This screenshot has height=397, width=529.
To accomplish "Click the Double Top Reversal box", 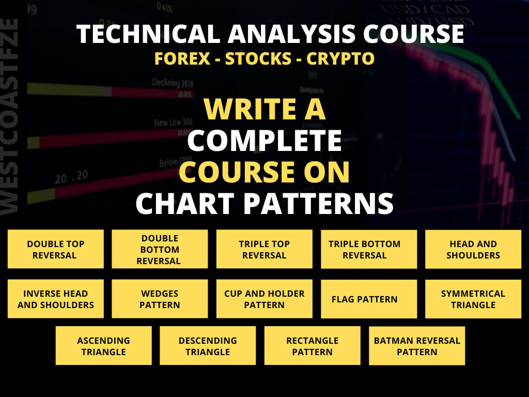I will [56, 249].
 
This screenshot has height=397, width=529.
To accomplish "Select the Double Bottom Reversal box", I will [160, 249].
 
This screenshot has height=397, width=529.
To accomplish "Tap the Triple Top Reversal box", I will [264, 249].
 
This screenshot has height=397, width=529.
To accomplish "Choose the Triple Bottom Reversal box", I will [368, 249].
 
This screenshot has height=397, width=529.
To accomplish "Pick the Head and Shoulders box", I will [473, 249].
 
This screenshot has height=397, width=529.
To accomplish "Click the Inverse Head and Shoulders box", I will [56, 299].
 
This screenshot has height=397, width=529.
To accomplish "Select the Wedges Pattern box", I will [160, 299].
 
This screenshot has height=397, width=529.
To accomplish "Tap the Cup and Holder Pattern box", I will [264, 299].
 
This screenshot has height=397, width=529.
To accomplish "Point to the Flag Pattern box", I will [368, 299].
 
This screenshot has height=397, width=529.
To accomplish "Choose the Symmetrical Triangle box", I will [473, 299].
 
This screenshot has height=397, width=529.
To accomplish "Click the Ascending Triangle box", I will [103, 346].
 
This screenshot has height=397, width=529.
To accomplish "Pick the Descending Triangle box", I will [208, 346].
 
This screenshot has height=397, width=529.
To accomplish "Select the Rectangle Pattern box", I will [312, 346].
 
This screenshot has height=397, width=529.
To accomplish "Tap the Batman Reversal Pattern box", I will [417, 346].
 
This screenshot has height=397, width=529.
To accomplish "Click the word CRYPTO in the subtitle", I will [340, 58].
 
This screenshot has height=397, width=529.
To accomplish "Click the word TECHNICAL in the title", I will [145, 34].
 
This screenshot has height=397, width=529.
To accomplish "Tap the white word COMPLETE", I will [264, 141].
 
